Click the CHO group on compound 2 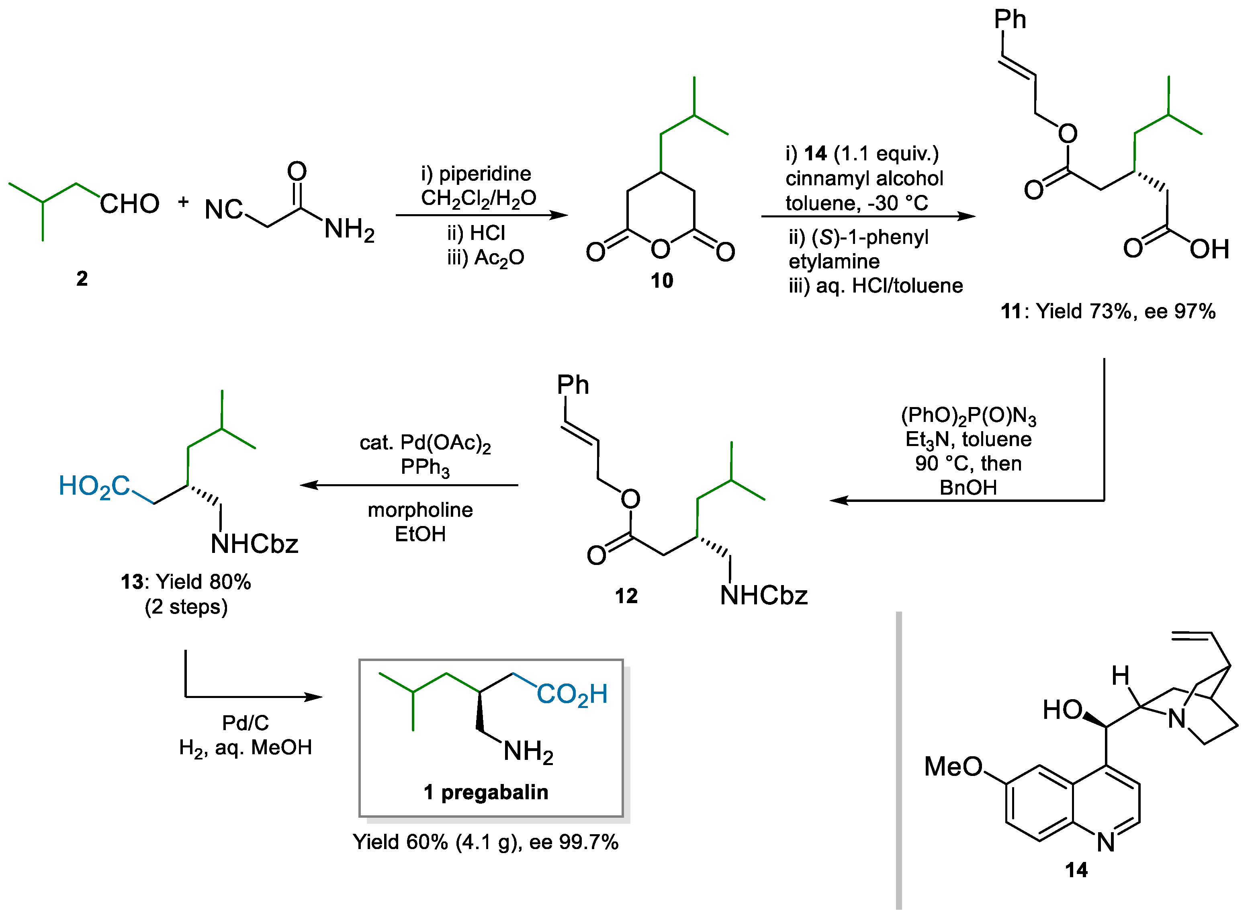129,204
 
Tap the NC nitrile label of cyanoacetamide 223,210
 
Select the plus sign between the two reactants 183,202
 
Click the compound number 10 662,280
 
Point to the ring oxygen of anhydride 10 661,249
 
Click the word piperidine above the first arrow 485,174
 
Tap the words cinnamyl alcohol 864,178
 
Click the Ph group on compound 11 1010,20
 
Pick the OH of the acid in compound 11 1209,249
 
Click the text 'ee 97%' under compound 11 1180,311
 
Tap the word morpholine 420,510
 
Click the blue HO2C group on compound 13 94,486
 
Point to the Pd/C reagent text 245,723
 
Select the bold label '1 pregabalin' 485,792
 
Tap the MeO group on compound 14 953,767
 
